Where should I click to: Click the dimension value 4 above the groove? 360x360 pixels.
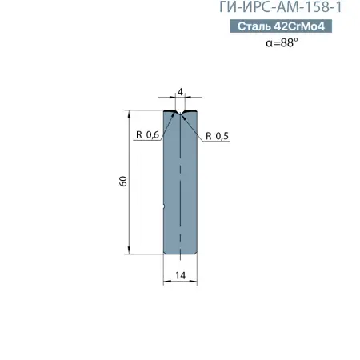click(x=181, y=94)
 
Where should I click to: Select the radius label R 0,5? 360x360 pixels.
click(x=217, y=136)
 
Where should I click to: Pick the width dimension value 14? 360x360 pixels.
click(x=181, y=274)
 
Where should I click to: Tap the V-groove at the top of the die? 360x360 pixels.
click(x=181, y=114)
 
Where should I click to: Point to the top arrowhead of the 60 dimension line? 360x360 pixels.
click(x=130, y=113)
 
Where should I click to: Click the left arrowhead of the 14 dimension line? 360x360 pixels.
click(x=166, y=282)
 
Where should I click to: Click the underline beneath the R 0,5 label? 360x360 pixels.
click(x=217, y=142)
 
